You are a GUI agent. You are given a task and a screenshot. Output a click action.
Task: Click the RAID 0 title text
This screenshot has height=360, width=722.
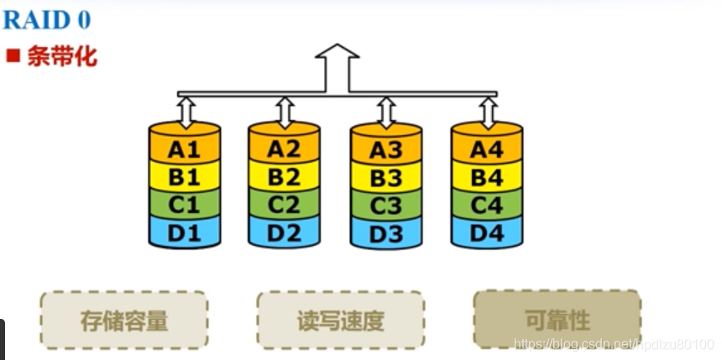(47, 19)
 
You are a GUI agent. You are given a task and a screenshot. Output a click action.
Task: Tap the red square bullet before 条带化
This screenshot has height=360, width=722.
(13, 57)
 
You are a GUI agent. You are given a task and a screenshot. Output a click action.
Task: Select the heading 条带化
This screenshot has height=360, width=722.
(61, 57)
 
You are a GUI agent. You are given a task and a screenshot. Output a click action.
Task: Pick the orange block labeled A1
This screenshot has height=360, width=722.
(185, 149)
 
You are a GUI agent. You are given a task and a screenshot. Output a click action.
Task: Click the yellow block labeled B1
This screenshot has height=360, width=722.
(185, 176)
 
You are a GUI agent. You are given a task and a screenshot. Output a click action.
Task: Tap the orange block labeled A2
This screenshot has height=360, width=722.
(284, 149)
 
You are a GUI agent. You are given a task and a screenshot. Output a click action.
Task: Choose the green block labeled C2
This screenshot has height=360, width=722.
(284, 204)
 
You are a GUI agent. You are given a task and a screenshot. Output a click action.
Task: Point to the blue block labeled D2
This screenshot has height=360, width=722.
(284, 232)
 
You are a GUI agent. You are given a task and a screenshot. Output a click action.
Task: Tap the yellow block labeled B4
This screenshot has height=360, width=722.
(486, 177)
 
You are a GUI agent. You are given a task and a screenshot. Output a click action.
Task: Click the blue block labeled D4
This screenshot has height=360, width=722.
(486, 232)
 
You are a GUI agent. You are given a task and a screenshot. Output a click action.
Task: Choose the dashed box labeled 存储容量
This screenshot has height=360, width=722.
(124, 320)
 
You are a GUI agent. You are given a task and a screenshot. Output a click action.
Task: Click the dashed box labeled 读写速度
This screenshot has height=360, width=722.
(340, 320)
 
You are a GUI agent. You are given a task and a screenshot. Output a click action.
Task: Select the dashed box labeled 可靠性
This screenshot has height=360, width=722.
(557, 319)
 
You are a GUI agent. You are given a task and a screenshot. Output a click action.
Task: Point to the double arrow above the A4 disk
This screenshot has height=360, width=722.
(487, 112)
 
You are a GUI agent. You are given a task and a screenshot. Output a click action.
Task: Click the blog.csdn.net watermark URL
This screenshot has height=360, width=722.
(613, 344)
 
